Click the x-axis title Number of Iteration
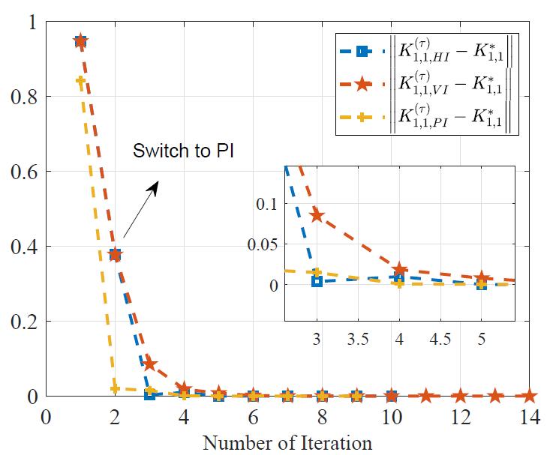287,442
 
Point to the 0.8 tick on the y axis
29,97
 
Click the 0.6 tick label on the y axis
29,172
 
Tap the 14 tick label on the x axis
529,415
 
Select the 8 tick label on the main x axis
322,415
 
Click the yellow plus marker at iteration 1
80,81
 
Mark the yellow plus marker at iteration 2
115,388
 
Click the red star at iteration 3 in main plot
149,364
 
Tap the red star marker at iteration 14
529,395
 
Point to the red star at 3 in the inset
317,216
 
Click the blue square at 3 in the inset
317,281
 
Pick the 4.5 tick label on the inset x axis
440,338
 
